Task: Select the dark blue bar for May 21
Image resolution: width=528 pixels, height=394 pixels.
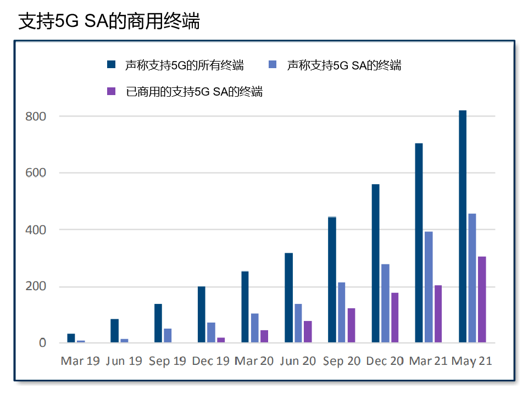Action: [x=463, y=226]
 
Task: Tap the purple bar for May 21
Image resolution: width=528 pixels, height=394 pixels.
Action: [x=482, y=299]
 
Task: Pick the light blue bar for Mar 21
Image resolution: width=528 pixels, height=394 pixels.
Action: [x=429, y=287]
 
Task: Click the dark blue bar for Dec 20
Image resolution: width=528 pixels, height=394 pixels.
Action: [x=376, y=263]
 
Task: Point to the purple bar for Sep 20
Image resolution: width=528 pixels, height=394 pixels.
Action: [x=352, y=325]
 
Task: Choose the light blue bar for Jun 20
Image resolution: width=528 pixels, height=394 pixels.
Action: [x=298, y=323]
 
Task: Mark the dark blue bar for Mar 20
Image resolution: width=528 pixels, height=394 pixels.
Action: [x=245, y=307]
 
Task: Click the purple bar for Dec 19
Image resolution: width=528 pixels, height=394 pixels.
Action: [x=221, y=340]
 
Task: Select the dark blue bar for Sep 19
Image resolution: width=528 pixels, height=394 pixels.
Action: [x=158, y=323]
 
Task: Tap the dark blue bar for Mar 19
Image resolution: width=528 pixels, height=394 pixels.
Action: [x=71, y=338]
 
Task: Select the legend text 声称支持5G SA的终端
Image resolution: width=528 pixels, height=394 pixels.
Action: [x=344, y=65]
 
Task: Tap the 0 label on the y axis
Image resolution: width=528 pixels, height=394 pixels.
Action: [x=42, y=343]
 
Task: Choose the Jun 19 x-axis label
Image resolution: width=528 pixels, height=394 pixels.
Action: [x=123, y=361]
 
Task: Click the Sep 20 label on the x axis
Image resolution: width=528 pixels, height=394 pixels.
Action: [x=342, y=361]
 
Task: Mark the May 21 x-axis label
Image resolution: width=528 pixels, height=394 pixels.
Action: [x=471, y=361]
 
